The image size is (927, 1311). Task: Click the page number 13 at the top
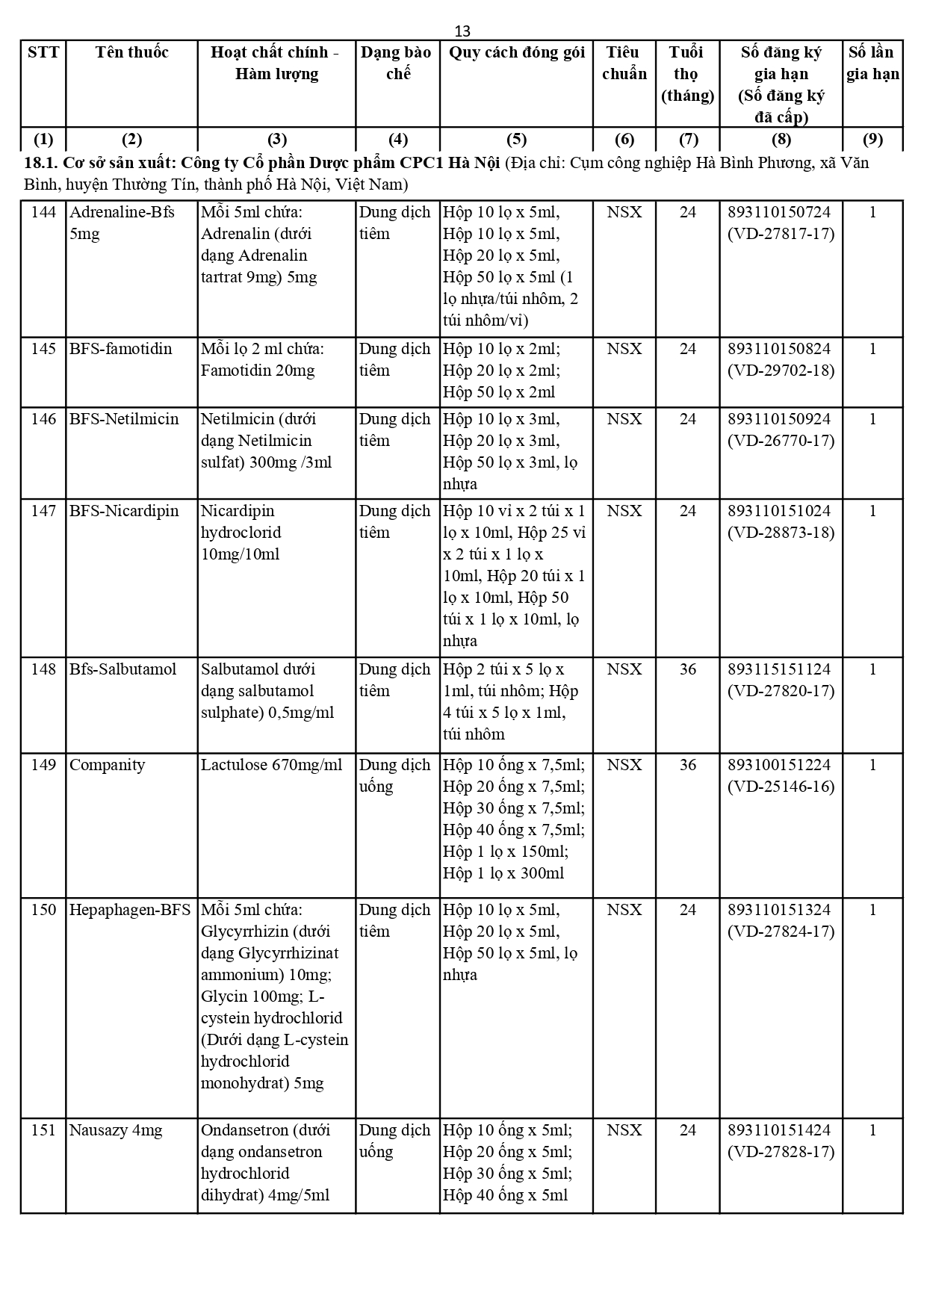tap(462, 31)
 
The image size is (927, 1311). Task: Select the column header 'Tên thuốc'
tap(131, 52)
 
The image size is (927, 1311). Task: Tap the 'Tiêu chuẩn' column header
tap(624, 63)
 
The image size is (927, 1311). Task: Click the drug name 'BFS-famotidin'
tap(120, 349)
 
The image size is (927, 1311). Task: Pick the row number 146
tap(43, 419)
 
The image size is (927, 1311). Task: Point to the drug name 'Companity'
tap(107, 765)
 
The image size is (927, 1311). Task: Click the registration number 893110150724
tap(779, 212)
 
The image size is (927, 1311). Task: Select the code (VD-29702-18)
tap(781, 371)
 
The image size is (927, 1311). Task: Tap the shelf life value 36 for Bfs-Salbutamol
tap(687, 669)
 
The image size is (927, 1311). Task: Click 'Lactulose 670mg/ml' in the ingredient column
tap(271, 765)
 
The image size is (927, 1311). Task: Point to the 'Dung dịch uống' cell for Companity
tap(394, 775)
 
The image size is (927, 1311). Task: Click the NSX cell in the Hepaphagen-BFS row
tap(624, 910)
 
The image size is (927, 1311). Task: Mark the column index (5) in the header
tap(516, 140)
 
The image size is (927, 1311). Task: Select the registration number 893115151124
tap(779, 669)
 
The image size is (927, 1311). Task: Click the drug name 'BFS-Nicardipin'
tap(124, 511)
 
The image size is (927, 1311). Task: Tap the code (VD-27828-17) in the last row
tap(781, 1152)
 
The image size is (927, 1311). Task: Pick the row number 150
tap(43, 910)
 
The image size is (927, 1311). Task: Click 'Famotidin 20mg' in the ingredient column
tap(258, 371)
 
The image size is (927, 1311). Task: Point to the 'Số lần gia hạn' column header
tap(872, 63)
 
